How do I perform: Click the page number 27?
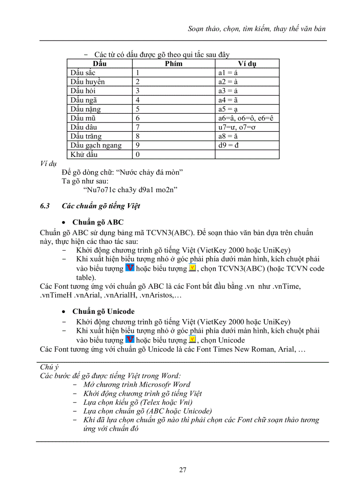(x=183, y=470)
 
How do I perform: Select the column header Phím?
(x=173, y=64)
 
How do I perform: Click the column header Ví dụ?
(x=247, y=64)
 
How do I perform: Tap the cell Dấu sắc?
(x=82, y=73)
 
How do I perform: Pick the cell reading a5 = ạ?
(x=228, y=109)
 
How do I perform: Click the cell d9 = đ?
(x=229, y=145)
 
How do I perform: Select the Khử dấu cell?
(x=84, y=155)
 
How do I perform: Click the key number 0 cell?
(x=138, y=155)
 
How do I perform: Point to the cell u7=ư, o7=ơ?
(x=235, y=127)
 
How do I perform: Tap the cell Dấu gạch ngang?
(x=96, y=145)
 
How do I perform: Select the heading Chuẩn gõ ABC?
(x=98, y=222)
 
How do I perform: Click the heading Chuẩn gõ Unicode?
(x=103, y=312)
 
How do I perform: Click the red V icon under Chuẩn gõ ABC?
(x=130, y=268)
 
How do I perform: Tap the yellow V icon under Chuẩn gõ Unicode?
(x=192, y=339)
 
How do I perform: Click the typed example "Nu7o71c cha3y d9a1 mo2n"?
(x=130, y=190)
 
